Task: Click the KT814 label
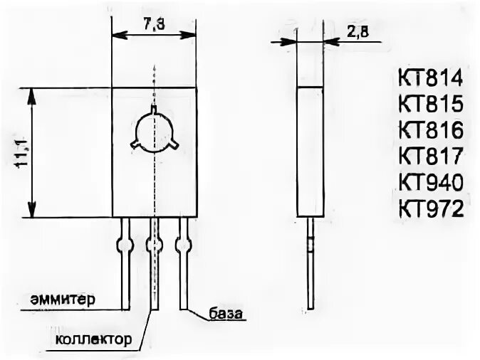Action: coord(431,78)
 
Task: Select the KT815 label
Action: coord(431,104)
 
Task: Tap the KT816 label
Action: coord(431,130)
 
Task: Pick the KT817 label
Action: coord(431,157)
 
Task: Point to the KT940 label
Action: coord(431,183)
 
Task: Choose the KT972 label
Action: coord(431,209)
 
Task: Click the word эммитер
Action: coord(63,298)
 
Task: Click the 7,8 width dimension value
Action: coord(154,23)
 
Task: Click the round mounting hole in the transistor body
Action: coord(154,132)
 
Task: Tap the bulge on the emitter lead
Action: coord(125,246)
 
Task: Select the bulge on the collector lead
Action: coord(154,246)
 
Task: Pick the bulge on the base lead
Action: coord(183,246)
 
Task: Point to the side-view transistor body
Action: coord(310,151)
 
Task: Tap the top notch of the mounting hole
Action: coord(154,110)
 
